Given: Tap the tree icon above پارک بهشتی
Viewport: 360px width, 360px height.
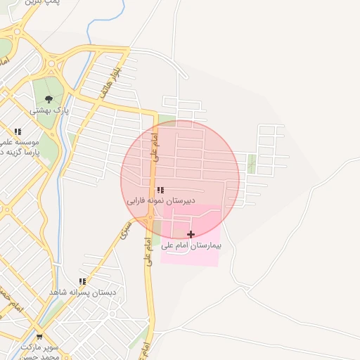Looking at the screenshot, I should pyautogui.click(x=49, y=99).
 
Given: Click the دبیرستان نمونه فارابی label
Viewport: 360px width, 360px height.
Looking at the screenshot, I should pyautogui.click(x=160, y=200).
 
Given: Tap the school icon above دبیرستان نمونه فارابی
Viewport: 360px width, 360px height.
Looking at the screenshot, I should pyautogui.click(x=160, y=190).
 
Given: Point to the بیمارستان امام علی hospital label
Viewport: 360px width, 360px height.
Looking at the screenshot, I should pyautogui.click(x=191, y=245).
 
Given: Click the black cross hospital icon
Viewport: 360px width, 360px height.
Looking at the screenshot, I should pyautogui.click(x=191, y=233).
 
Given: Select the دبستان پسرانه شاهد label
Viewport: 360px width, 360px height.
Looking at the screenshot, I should pyautogui.click(x=82, y=292).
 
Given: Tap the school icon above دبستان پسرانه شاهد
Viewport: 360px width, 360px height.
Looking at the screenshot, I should pyautogui.click(x=82, y=281).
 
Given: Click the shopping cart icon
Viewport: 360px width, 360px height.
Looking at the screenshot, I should pyautogui.click(x=39, y=337).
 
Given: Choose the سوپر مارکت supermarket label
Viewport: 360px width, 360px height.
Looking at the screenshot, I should pyautogui.click(x=39, y=347).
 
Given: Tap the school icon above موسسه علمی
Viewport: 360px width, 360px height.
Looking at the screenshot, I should pyautogui.click(x=18, y=131).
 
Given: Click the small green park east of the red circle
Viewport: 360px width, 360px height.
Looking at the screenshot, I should pyautogui.click(x=252, y=163).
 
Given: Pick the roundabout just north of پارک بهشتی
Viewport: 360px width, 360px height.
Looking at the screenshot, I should pyautogui.click(x=52, y=67).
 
